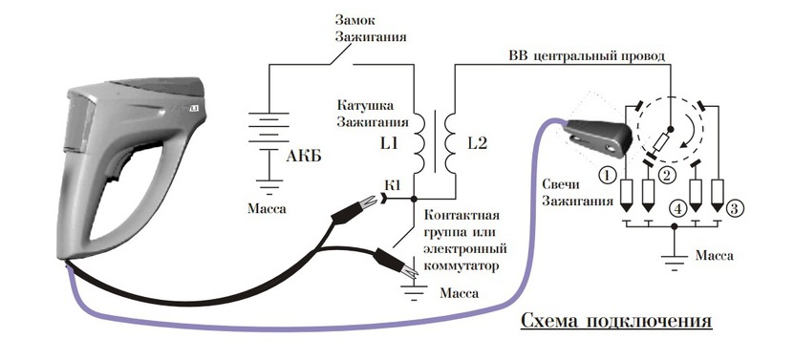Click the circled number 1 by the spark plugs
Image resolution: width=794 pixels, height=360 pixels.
click(606, 175)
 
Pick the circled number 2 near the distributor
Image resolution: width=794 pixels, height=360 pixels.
click(667, 174)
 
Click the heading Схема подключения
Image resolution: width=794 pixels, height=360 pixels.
click(616, 319)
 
